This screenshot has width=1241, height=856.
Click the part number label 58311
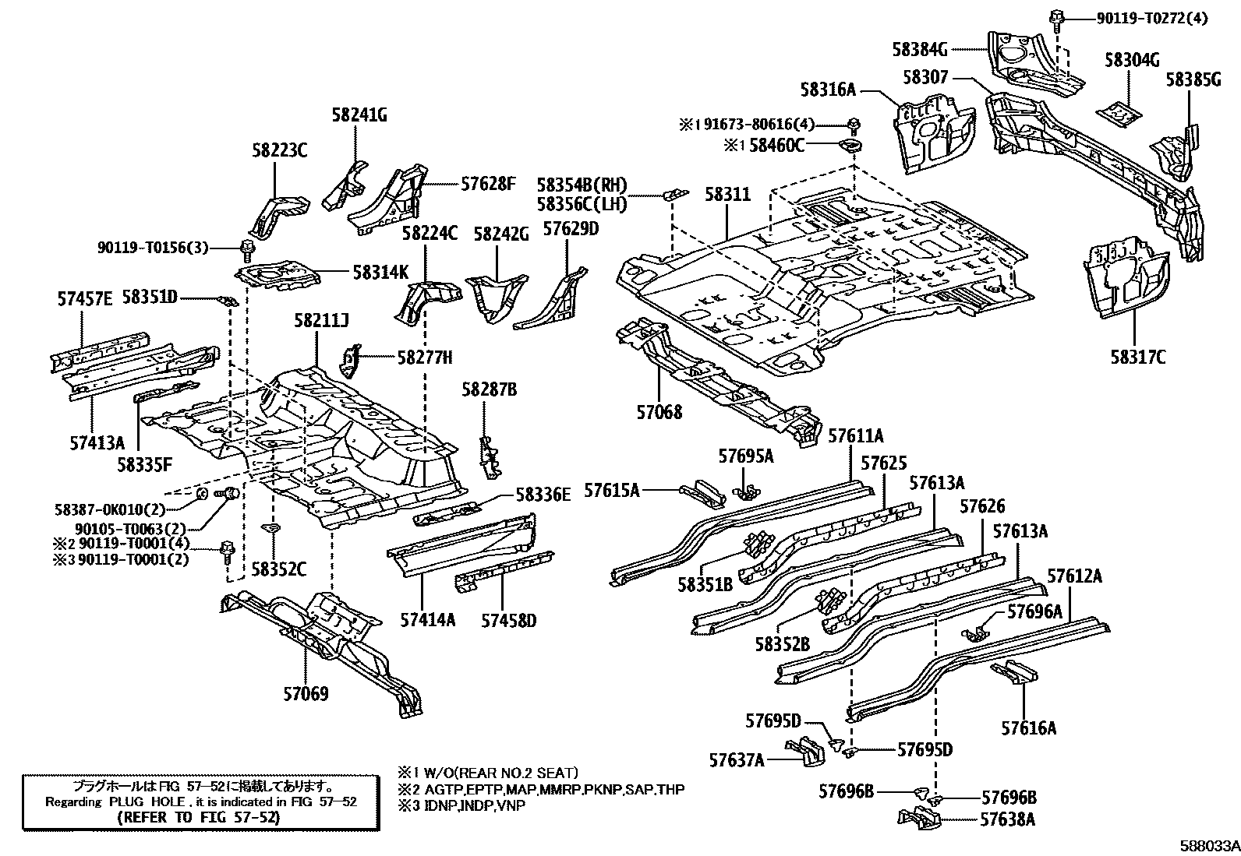click(728, 194)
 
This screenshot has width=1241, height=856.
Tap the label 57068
click(659, 411)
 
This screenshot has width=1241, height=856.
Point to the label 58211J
click(321, 320)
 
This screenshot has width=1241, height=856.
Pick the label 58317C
click(1138, 357)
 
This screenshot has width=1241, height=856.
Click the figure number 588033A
click(1209, 846)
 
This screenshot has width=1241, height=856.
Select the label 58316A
click(828, 90)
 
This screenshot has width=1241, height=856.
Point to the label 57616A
click(1029, 728)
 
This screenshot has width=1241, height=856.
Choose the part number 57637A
click(737, 759)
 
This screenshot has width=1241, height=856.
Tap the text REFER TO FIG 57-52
click(199, 818)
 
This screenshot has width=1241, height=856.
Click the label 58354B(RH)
click(582, 185)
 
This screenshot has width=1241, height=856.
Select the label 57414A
click(428, 620)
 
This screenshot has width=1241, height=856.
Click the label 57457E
click(85, 298)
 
